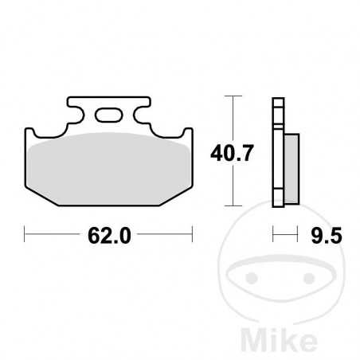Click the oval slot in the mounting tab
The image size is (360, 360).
[x=108, y=117]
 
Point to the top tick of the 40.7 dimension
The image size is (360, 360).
[x=231, y=97]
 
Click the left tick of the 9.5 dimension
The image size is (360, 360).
[x=273, y=234]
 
